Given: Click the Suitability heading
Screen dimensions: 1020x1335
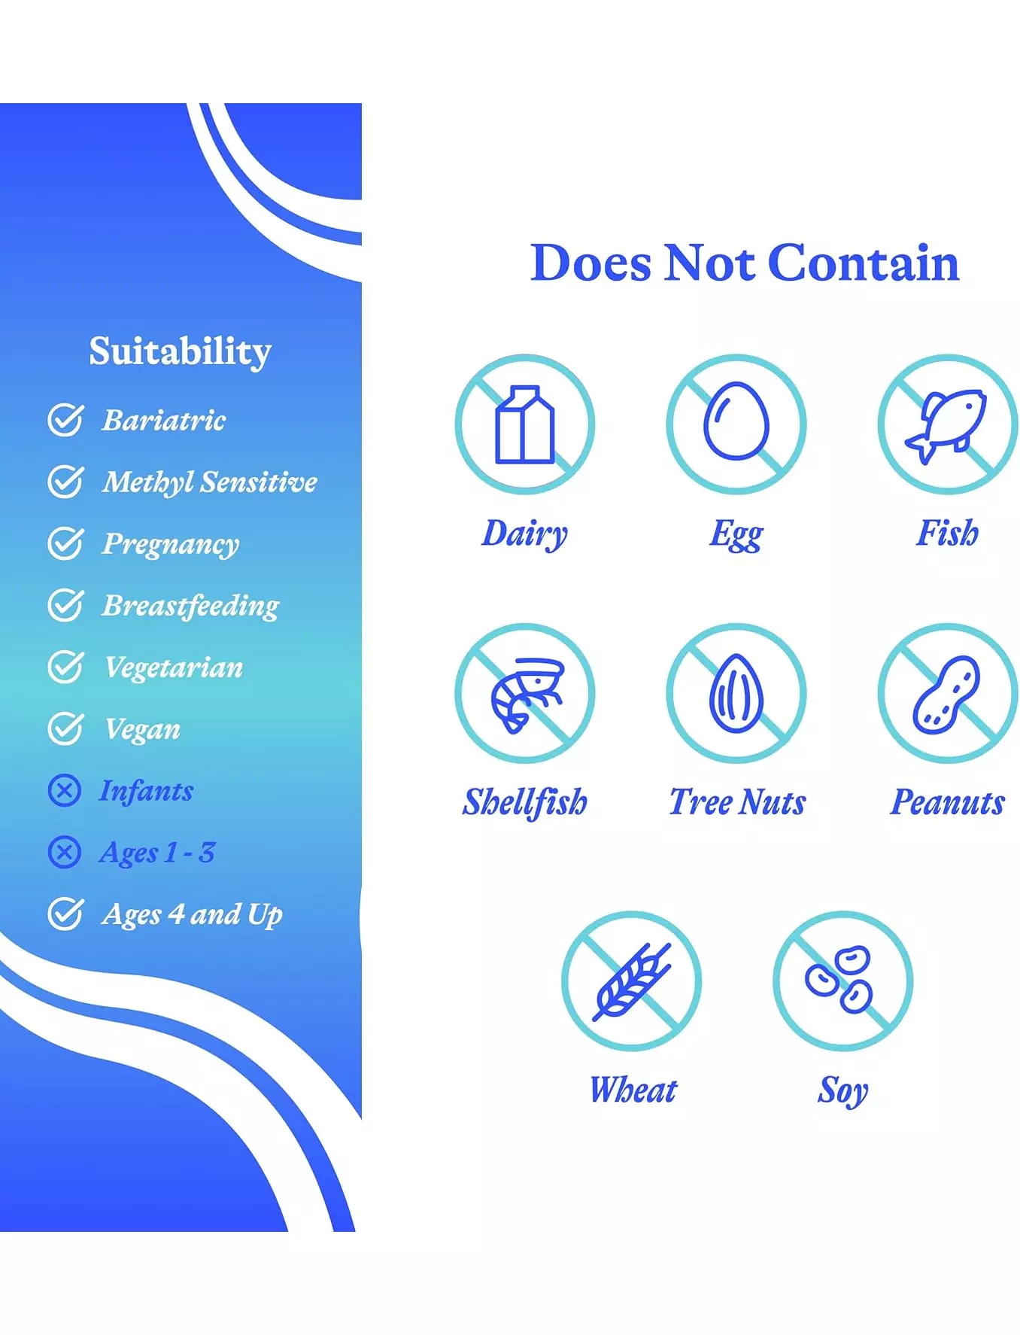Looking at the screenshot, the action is (x=180, y=352).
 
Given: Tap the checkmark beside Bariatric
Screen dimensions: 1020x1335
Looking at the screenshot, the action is (x=65, y=419).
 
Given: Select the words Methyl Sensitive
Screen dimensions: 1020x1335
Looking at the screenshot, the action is (x=210, y=482).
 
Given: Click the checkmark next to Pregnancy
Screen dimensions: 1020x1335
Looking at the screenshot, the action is (x=65, y=543).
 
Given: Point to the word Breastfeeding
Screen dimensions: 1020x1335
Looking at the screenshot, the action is (x=190, y=606).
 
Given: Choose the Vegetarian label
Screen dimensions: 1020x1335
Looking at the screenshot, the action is (x=174, y=667).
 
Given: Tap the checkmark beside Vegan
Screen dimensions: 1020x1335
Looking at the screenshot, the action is (x=65, y=728).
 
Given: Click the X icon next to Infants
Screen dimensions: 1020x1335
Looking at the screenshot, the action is (x=64, y=791).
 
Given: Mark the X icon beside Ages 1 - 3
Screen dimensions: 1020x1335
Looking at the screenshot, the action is (x=64, y=853).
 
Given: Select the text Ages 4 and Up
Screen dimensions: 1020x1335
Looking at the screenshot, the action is (x=193, y=915).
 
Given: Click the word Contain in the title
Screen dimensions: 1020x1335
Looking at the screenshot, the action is (x=864, y=263).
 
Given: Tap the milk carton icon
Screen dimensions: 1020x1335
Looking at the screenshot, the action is (x=524, y=424).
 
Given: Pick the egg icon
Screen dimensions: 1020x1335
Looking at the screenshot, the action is (x=736, y=421).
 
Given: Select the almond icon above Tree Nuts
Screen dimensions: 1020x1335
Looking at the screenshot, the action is (x=736, y=693).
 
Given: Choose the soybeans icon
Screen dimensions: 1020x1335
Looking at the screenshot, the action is (x=839, y=979).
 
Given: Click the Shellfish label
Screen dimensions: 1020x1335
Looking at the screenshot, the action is (x=525, y=802).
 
